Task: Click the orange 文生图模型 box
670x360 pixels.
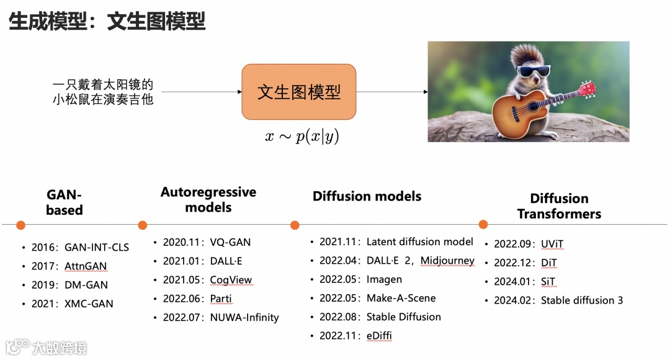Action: [298, 92]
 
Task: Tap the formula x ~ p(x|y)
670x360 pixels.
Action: [302, 137]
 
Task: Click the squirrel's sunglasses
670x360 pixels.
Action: [534, 71]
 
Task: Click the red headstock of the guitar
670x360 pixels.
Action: [587, 88]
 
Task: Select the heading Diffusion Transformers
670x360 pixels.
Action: [559, 206]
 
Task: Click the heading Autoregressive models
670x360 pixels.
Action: [208, 199]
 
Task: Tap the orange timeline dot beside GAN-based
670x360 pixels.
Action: [20, 225]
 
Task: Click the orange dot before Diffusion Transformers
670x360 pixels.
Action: [483, 224]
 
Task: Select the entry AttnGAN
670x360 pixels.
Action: [86, 266]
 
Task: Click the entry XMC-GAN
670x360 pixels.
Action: [89, 304]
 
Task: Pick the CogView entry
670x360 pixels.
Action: [231, 280]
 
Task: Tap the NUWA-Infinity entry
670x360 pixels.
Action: [244, 318]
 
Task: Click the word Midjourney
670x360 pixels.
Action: [447, 261]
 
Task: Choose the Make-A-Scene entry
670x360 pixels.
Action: [401, 298]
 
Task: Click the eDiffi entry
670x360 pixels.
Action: [379, 336]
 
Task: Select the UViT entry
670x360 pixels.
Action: [552, 244]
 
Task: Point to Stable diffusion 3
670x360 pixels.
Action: [582, 300]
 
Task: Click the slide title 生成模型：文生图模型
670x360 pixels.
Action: [107, 22]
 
